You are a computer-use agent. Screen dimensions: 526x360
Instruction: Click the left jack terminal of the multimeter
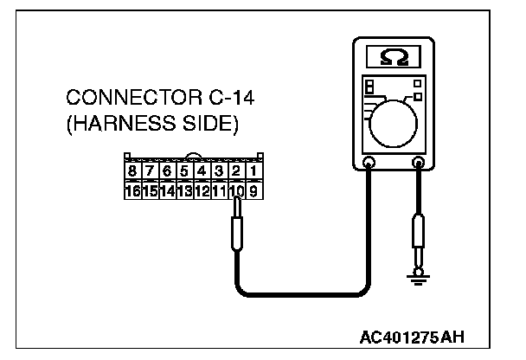(x=369, y=161)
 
